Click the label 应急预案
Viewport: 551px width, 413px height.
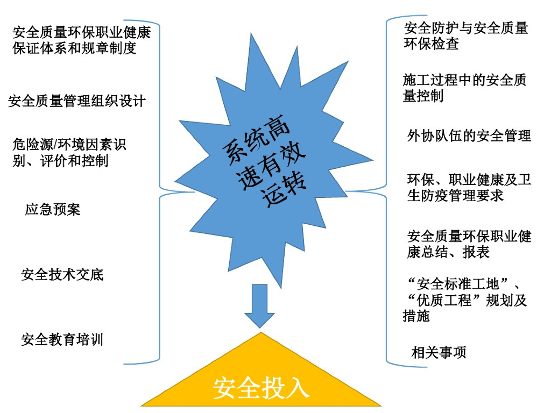click(53, 209)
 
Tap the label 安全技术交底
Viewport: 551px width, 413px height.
click(62, 275)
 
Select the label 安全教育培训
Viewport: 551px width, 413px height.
click(62, 340)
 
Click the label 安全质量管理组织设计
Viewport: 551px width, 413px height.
click(77, 101)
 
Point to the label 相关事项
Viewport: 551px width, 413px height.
click(439, 353)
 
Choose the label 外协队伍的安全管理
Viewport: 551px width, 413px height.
click(469, 136)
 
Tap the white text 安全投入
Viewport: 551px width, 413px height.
click(261, 388)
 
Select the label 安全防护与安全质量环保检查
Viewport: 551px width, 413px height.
click(466, 35)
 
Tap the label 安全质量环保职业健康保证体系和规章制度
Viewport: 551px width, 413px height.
click(81, 40)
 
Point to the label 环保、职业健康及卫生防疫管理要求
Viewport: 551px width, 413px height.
click(469, 187)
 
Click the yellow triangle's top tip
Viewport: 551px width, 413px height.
click(261, 332)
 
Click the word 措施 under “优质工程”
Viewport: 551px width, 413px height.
click(416, 316)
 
